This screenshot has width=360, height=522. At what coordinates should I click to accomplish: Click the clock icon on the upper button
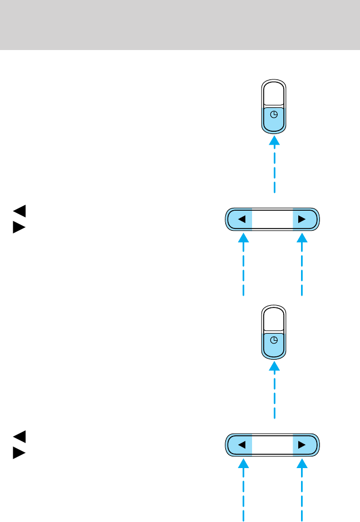tap(274, 115)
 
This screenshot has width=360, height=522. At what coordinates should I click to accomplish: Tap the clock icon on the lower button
tap(274, 340)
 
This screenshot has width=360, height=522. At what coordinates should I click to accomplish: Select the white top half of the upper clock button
tap(274, 94)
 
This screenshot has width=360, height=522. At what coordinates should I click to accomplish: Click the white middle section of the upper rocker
tap(272, 219)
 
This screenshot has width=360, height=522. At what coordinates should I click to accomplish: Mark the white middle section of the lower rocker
tap(272, 445)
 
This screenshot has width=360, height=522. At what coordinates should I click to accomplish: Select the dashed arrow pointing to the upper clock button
tap(274, 165)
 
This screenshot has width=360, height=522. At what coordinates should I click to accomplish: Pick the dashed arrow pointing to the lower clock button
tap(274, 390)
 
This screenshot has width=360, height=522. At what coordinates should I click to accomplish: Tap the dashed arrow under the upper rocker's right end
tap(302, 265)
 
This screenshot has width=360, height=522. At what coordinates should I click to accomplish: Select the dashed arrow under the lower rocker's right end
tap(302, 490)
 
